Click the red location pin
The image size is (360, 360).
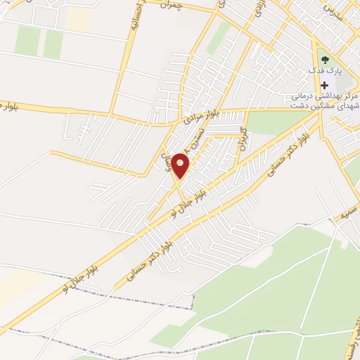click(x=181, y=165)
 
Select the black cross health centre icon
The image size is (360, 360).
click(x=324, y=84)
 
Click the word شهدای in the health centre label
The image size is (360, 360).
click(x=342, y=106)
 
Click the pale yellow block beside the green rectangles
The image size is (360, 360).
click(x=78, y=19)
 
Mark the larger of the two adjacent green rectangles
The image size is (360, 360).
click(x=27, y=41)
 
